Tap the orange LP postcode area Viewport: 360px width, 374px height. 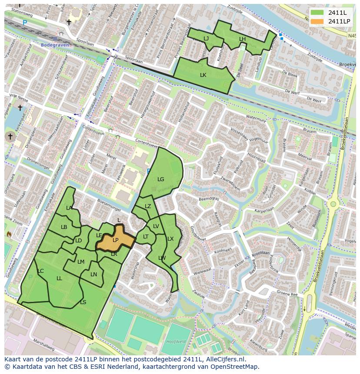115,240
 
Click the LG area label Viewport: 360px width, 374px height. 161,179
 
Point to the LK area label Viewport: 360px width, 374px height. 203,75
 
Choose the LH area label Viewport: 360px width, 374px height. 242,39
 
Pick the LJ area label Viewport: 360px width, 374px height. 206,39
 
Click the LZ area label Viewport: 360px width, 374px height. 148,206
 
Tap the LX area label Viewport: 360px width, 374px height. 170,239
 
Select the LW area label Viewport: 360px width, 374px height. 162,258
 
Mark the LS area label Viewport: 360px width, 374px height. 83,302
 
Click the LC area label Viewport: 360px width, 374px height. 40,271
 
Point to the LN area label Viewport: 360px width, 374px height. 94,275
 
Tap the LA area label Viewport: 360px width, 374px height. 69,208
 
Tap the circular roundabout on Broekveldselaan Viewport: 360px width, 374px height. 333,203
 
